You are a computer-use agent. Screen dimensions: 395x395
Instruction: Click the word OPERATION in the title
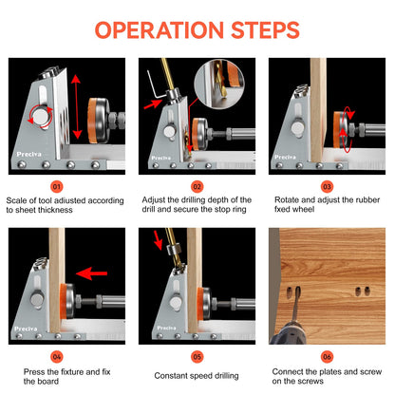160,30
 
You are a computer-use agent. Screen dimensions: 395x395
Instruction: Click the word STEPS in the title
265,30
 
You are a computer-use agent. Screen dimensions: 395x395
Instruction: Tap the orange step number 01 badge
57,187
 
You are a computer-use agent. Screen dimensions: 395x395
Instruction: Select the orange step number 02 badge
197,187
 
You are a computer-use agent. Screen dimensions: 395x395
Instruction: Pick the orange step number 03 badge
327,187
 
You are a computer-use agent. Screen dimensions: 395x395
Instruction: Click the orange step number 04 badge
57,357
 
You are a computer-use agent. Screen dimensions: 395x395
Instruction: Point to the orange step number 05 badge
197,357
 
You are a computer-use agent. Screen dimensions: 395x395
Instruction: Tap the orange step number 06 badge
327,357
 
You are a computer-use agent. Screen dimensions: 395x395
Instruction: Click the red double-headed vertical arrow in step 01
76,106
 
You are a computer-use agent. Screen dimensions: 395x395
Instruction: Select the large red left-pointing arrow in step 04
91,273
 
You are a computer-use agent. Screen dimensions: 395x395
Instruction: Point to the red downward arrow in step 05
158,240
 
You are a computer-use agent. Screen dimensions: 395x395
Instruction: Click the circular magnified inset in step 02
219,85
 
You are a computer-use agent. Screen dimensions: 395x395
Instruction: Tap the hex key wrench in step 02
154,85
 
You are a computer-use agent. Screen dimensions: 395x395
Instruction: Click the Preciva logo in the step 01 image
28,154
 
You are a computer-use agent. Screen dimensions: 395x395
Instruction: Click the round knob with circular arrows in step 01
40,117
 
